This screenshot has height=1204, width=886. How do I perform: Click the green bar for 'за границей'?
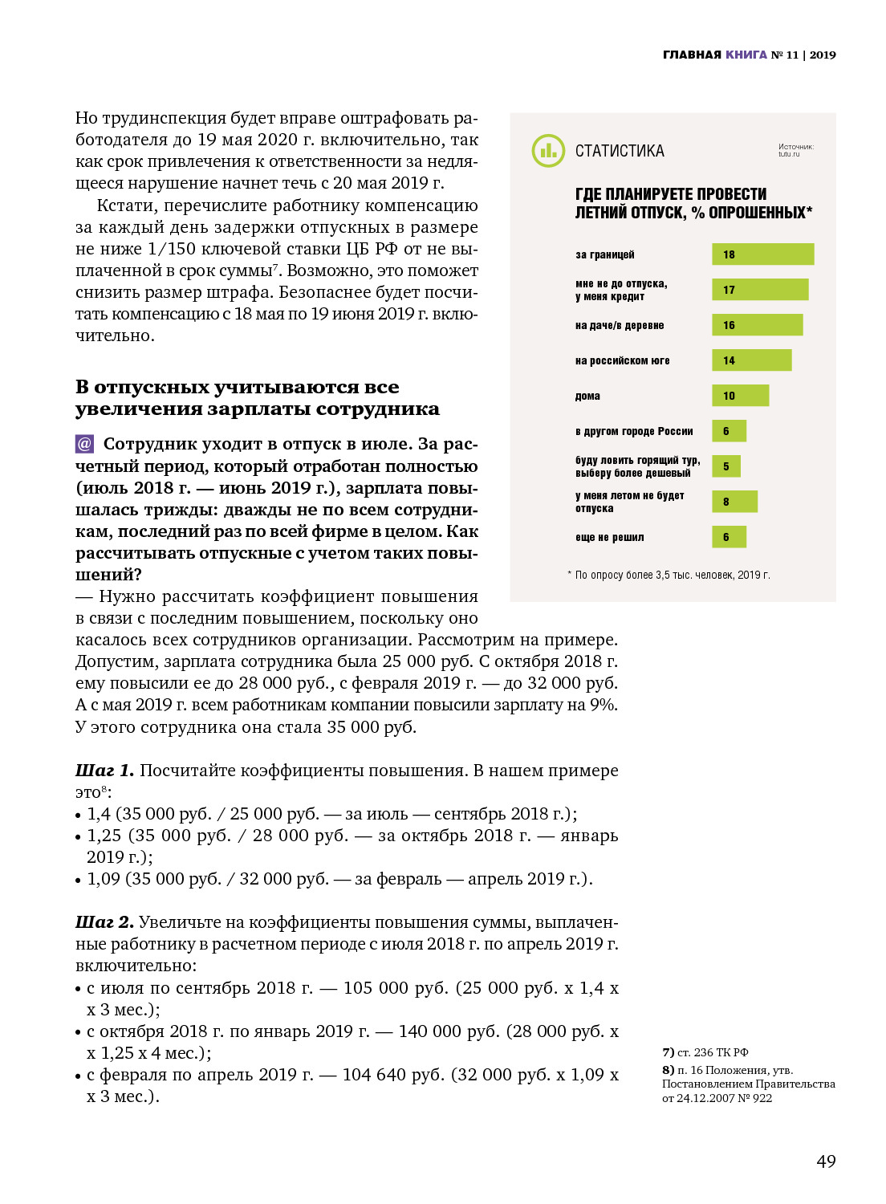[x=762, y=254]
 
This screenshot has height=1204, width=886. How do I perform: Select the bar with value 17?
[x=759, y=290]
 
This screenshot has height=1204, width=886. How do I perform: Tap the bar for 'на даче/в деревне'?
[x=757, y=325]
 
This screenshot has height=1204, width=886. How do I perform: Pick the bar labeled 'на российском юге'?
[x=751, y=360]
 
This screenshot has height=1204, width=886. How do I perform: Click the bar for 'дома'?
[x=740, y=396]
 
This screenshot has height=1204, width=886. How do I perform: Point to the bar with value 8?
[x=734, y=502]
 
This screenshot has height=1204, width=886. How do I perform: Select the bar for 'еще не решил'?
[x=729, y=537]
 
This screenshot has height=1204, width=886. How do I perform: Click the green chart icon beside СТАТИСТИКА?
[x=548, y=151]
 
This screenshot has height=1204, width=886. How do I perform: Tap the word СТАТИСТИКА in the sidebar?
[x=620, y=151]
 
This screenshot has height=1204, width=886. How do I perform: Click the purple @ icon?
[x=84, y=444]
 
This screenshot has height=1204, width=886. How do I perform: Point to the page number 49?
[x=826, y=1161]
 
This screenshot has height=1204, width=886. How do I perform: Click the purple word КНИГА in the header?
[x=746, y=55]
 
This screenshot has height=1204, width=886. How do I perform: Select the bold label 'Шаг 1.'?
[x=104, y=771]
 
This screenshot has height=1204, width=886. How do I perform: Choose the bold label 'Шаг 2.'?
[x=104, y=922]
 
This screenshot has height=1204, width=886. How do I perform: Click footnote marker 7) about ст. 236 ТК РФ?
[x=668, y=1052]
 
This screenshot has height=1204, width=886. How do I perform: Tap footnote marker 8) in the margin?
[x=668, y=1070]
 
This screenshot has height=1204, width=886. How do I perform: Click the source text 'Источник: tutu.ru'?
[x=795, y=150]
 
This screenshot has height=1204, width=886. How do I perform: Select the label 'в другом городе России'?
[x=634, y=431]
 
